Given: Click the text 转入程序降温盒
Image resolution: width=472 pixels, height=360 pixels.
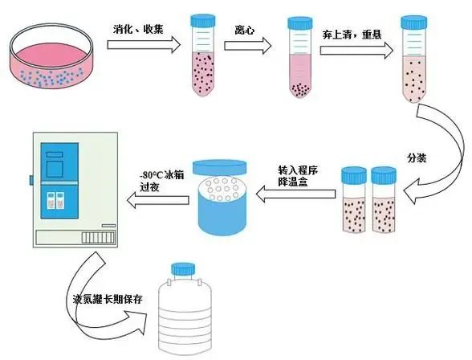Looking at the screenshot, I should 295,177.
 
